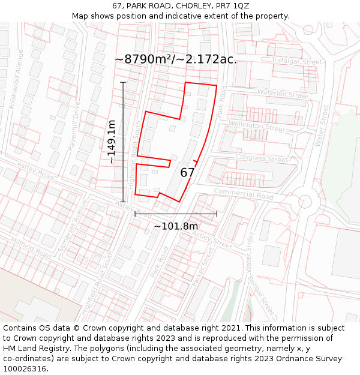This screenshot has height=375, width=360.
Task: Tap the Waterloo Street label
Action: (282, 93)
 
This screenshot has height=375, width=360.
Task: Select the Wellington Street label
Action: (256, 127)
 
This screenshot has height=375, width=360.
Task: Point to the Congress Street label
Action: (262, 159)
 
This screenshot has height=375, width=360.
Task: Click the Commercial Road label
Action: (243, 194)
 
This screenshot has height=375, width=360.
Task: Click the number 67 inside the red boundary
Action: (187, 173)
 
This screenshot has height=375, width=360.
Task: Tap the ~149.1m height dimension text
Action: (112, 142)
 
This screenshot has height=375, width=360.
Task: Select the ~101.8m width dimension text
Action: (176, 226)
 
